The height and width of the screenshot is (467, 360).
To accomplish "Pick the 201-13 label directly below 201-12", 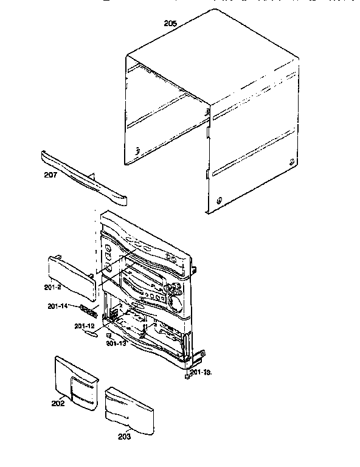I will point(115,344).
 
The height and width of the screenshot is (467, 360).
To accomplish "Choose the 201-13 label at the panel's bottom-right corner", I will point(201,372).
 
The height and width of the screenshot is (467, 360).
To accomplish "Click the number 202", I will point(58,402).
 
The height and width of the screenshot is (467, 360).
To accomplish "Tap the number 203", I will point(123,436).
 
